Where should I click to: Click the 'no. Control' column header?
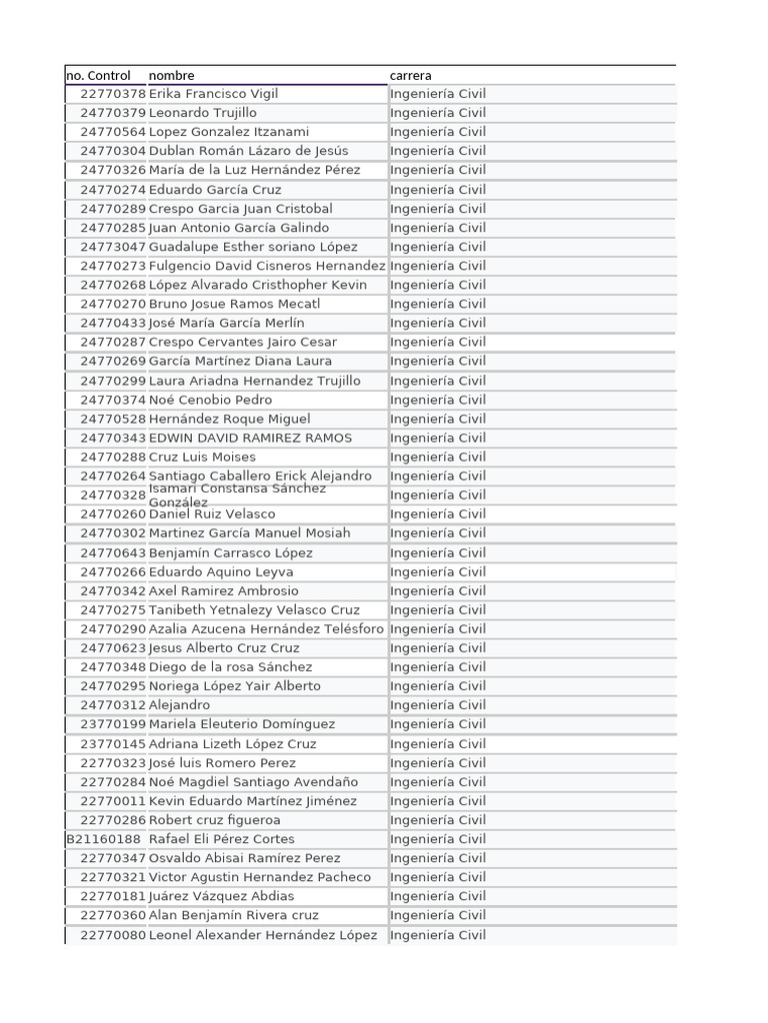pos(98,75)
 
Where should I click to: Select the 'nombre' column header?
pos(172,75)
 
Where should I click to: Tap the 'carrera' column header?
pos(411,75)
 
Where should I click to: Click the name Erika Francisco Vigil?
pos(213,94)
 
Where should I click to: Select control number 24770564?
pos(113,132)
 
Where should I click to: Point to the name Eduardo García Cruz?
pos(215,190)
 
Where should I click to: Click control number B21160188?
pos(104,839)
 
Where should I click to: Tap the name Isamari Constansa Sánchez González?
pos(237,495)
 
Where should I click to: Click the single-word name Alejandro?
pos(179,705)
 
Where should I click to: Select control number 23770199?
pos(113,724)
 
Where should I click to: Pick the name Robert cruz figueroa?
pos(214,820)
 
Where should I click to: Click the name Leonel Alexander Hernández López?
pos(263,935)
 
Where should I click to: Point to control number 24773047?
pos(113,247)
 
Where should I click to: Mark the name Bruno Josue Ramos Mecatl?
pos(234,304)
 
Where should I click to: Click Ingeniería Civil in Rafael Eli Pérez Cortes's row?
pos(438,839)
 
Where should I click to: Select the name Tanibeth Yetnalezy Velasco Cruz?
pos(254,609)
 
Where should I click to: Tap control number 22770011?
pos(113,801)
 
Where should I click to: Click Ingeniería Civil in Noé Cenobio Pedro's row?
pos(438,400)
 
